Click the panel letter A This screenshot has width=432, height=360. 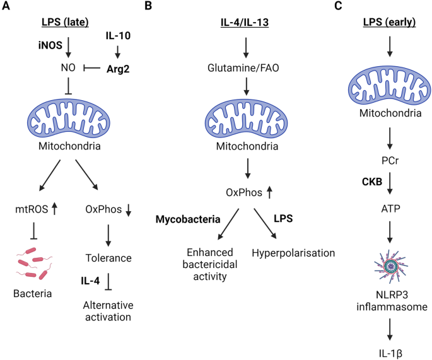click(x=6, y=6)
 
